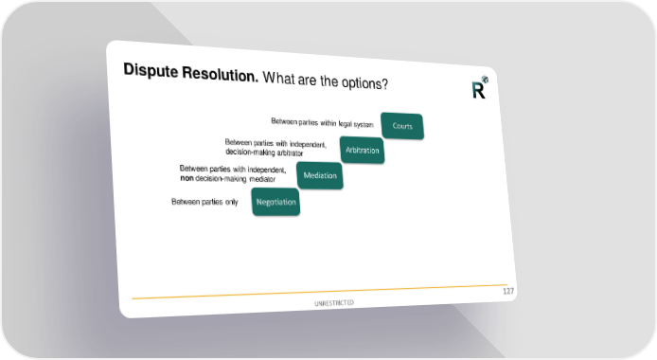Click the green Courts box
point(402,126)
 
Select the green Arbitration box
point(362,150)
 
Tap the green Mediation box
point(320,175)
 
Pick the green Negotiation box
point(275,202)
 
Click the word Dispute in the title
point(151,70)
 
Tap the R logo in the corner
point(480,87)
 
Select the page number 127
point(508,291)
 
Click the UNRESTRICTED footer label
point(334,303)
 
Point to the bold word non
point(186,178)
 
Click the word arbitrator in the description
point(290,153)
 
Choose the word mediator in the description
point(262,179)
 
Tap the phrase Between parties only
point(204,202)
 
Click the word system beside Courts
point(364,125)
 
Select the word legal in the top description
point(345,124)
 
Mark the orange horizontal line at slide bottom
point(320,292)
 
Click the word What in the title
point(279,78)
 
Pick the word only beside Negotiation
point(232,203)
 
